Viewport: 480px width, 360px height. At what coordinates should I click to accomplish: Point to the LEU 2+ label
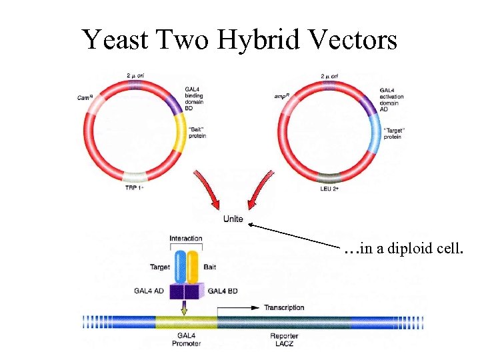(329, 188)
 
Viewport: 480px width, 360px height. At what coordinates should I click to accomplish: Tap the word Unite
(233, 219)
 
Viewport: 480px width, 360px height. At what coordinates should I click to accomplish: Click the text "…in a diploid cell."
(403, 250)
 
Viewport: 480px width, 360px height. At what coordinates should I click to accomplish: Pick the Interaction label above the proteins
(186, 239)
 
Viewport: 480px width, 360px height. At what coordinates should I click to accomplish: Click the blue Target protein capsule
(180, 266)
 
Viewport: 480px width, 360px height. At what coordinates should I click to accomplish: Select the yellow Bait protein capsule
(193, 266)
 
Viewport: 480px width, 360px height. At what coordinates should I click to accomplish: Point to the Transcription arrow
(238, 308)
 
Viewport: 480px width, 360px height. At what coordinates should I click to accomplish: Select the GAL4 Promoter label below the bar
(187, 339)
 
